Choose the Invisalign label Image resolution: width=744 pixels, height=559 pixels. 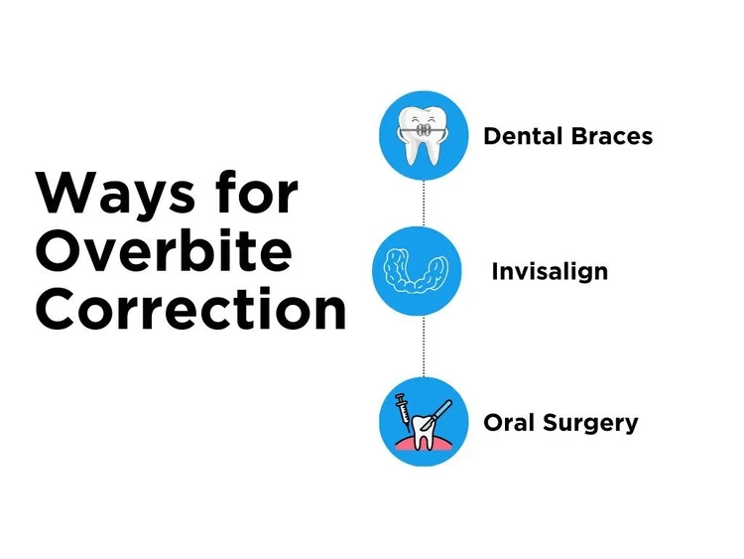click(x=550, y=271)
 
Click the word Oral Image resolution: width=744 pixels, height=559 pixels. click(x=509, y=423)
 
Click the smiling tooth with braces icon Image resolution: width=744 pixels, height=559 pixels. click(x=423, y=136)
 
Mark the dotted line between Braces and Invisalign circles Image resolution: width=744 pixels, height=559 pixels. click(x=424, y=203)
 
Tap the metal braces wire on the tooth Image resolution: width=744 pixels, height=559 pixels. click(x=423, y=129)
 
